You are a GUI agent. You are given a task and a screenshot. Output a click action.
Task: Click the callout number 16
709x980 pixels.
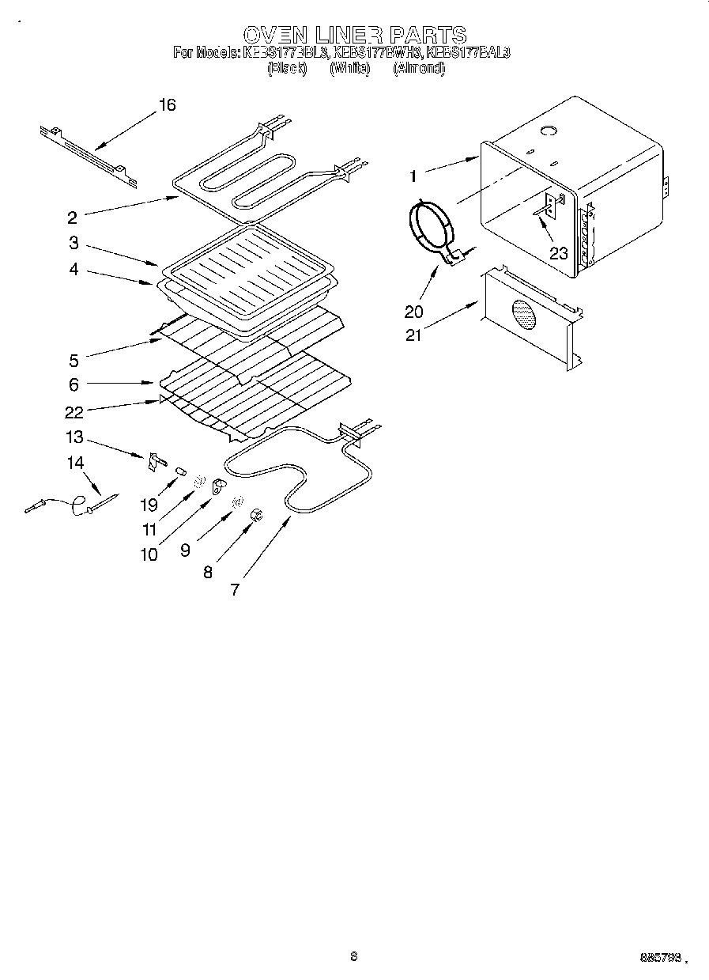(x=167, y=105)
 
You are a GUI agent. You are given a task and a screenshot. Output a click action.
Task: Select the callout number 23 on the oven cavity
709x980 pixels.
(x=559, y=253)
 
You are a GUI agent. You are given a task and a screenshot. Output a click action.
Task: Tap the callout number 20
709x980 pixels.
(x=414, y=312)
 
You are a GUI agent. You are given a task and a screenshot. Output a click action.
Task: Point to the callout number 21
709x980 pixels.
(x=413, y=335)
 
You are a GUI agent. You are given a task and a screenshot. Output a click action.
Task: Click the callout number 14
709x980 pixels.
(x=75, y=463)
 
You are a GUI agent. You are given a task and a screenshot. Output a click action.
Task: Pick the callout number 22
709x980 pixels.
(x=74, y=412)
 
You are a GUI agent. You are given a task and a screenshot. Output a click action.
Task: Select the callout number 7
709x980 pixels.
(x=234, y=589)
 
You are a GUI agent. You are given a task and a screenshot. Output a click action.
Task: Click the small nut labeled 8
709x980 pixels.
(x=256, y=516)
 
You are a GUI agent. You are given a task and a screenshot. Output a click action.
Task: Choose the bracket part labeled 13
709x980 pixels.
(x=155, y=462)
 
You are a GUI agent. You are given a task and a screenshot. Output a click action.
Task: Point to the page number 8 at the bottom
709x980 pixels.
(x=354, y=956)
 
